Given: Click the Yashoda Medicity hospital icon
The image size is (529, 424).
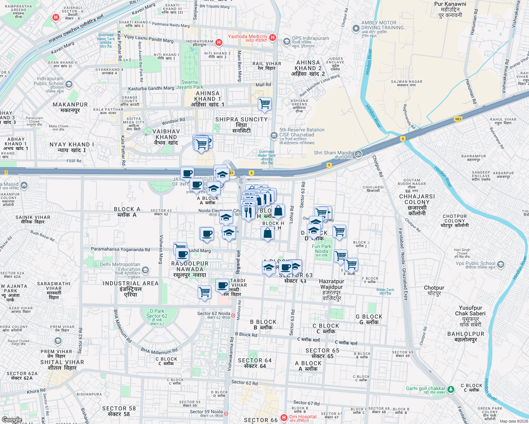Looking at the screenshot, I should pos(272,37).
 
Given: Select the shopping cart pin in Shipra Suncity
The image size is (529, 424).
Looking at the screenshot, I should pos(264,104).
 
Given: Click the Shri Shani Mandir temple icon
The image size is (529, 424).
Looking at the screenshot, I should pos(358,154).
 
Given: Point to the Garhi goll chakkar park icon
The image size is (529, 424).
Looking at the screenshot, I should pos(450,389).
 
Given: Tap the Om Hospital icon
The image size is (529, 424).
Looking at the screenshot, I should pos(284,418).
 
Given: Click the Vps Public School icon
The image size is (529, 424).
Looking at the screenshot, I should pos(500,264).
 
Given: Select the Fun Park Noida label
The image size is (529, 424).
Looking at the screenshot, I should pos(321,249).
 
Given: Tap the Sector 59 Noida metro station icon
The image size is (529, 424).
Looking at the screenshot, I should pos(226,413).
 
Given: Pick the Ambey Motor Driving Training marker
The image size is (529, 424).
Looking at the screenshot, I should pos(356,28).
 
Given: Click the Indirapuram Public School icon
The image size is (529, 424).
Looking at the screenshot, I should pos(69,84).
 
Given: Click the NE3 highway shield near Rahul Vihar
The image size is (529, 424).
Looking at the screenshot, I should pos(458,119).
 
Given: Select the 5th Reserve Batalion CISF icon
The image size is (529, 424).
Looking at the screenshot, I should pos(274,135).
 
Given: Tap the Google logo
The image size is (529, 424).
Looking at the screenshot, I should pos(12,420).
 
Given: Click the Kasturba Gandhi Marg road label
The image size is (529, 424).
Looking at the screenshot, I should pos(151,88).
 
